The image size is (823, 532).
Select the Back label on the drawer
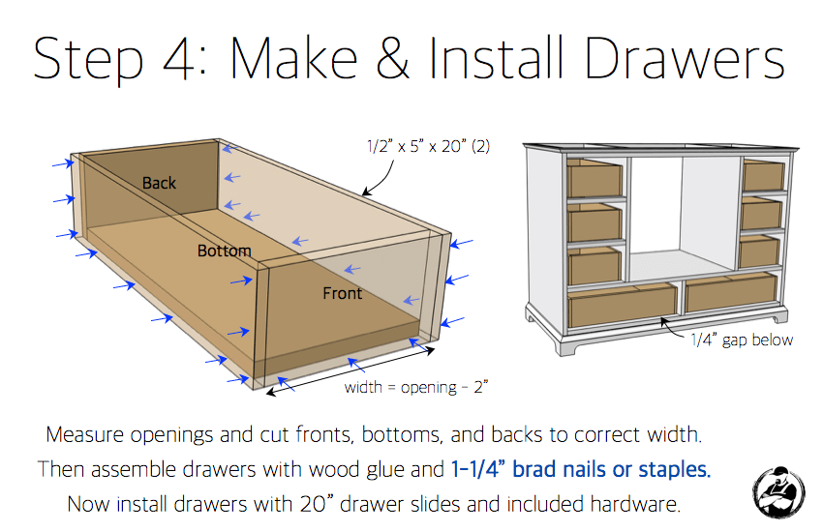coord(160,182)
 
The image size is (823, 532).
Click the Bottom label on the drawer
coord(225,251)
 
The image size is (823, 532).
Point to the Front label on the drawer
coord(342,293)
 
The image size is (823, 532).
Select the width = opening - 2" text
coord(415,387)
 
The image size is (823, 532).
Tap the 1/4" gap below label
coord(742,340)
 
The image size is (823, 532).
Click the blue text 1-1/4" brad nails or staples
coord(581,470)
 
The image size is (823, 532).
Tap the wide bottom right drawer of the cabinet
coord(731,292)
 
